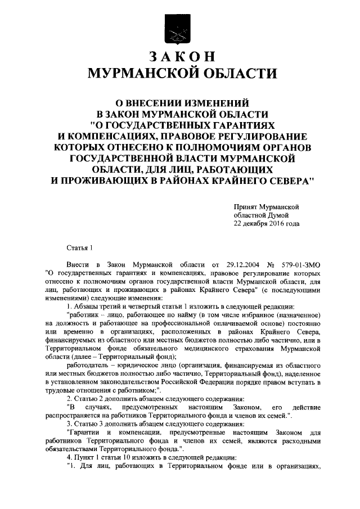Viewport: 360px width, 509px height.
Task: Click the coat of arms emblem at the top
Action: (179, 26)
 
